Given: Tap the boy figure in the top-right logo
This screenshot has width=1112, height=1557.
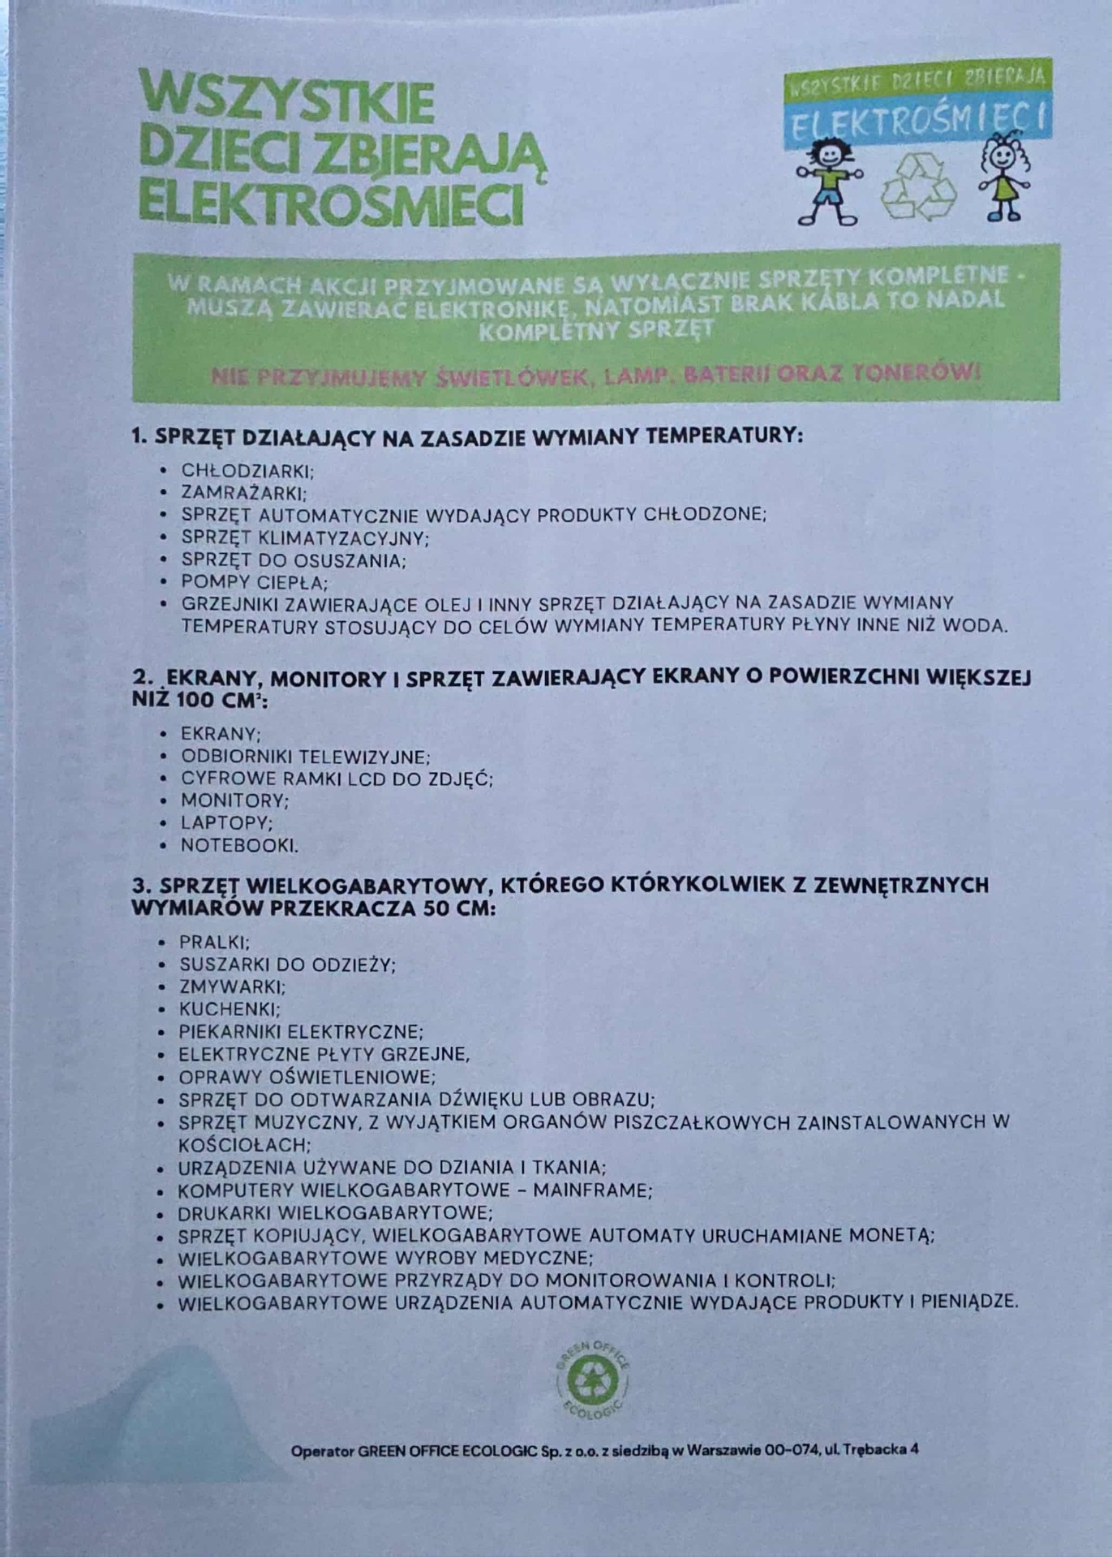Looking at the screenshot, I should [828, 183].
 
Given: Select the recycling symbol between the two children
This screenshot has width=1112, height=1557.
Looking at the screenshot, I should [919, 189].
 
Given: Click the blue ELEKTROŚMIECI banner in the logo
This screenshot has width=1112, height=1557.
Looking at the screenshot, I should [917, 121].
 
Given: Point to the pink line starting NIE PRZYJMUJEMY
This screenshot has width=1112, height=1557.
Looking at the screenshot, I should [595, 375].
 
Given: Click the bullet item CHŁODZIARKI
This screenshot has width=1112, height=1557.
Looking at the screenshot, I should [247, 470].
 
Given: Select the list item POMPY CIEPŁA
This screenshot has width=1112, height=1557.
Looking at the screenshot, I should [253, 582].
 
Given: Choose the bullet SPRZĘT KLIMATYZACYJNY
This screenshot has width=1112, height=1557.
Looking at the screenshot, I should [304, 538].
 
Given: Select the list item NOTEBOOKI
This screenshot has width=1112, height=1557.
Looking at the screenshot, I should [238, 845].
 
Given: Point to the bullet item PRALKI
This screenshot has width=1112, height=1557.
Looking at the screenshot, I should [214, 942].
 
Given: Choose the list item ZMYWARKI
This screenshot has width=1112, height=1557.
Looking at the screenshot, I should [231, 987].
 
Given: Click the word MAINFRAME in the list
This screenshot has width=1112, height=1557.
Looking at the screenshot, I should [592, 1190].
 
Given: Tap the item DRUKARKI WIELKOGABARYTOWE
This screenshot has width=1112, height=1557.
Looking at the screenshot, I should [335, 1213].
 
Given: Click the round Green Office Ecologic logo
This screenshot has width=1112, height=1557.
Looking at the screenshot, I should [592, 1380].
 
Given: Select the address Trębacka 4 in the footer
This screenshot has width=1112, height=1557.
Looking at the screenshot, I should [880, 1450].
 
